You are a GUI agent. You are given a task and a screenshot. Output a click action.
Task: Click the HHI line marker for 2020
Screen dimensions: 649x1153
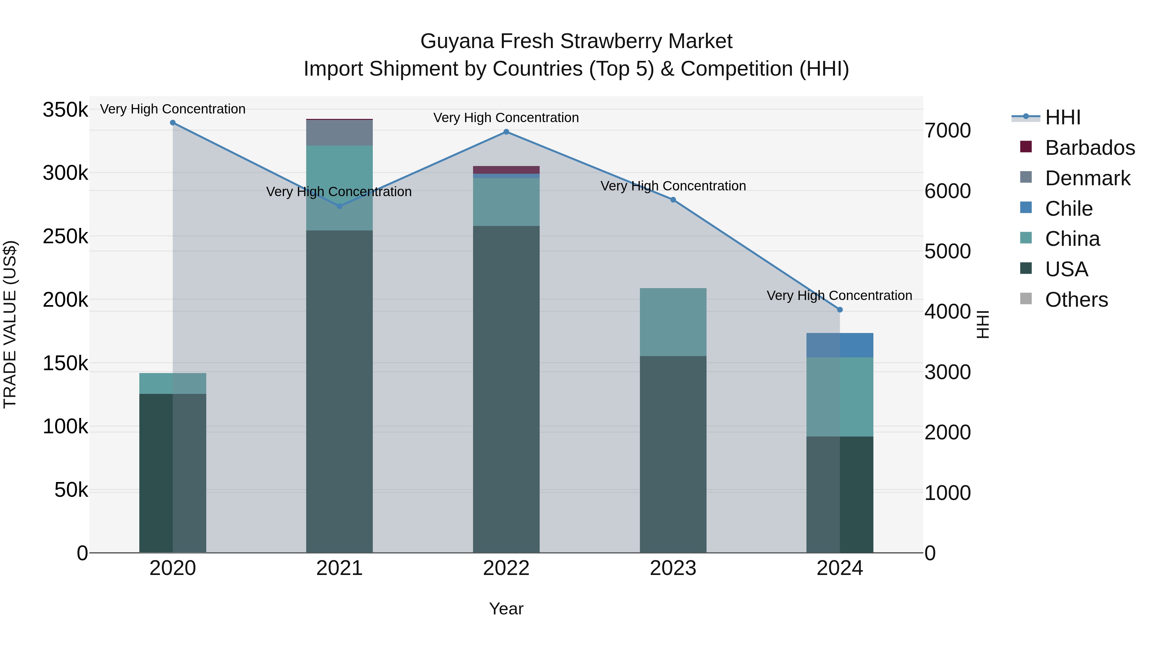[173, 123]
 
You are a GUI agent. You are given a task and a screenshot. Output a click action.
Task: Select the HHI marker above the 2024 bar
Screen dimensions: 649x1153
[840, 310]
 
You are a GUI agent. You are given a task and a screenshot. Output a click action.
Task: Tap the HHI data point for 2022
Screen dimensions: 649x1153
[506, 132]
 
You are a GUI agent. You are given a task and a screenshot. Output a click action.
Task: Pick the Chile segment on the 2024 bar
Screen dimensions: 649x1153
[840, 345]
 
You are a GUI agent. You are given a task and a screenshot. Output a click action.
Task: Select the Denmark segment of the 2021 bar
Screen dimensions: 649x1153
[339, 133]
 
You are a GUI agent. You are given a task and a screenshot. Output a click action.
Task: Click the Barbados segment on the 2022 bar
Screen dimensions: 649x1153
[506, 170]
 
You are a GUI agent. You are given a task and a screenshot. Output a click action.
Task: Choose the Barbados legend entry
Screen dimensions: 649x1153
[1090, 148]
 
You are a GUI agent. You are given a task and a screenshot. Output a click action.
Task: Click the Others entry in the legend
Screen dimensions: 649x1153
[1076, 300]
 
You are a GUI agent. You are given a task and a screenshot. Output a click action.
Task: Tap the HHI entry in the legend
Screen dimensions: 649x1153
[1063, 117]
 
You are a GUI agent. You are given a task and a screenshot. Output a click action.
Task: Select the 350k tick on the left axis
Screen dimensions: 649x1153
[65, 110]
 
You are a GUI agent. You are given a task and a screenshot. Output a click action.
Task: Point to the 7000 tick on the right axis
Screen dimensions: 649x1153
[948, 131]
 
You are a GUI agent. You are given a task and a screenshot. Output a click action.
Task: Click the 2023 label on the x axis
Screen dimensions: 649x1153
[673, 568]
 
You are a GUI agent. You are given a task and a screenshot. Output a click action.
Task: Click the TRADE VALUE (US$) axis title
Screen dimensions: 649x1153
[10, 324]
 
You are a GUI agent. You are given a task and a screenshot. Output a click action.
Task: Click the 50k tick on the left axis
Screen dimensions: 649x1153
[71, 490]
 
